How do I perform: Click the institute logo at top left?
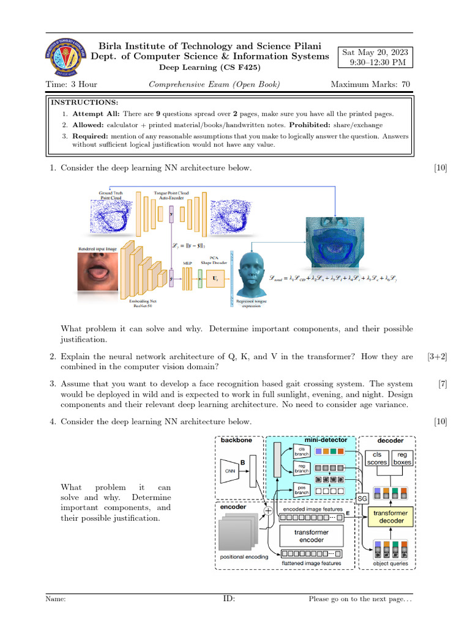(x=64, y=56)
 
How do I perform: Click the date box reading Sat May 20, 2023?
(x=376, y=57)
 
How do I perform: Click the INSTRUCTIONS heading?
(x=84, y=102)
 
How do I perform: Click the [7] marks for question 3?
(x=442, y=384)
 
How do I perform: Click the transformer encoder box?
(x=310, y=536)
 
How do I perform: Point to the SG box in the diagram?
(x=362, y=496)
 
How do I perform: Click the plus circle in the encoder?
(x=267, y=510)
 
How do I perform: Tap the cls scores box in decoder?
(x=377, y=458)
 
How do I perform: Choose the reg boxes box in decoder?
(x=402, y=458)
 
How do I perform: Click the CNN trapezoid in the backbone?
(x=231, y=471)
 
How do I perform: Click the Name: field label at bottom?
(x=56, y=600)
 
